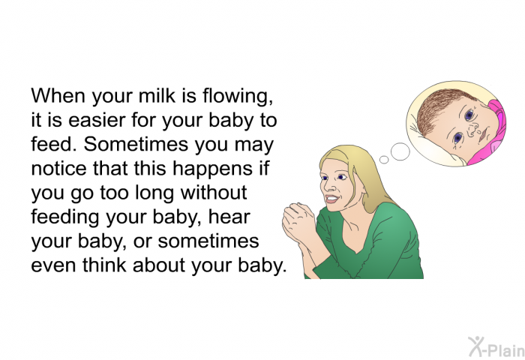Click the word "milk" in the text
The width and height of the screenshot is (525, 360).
(157, 95)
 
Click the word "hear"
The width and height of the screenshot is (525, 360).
(229, 217)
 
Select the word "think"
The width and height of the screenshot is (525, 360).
(105, 265)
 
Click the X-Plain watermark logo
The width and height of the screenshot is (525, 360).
(496, 347)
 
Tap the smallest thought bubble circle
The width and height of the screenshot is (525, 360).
(384, 160)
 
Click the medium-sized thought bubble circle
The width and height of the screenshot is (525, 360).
(400, 151)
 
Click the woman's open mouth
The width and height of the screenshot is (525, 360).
(331, 199)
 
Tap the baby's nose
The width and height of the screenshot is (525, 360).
(472, 130)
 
